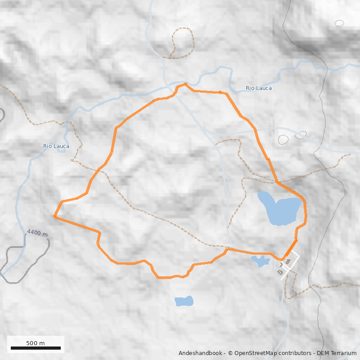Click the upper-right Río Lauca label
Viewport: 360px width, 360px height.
259,88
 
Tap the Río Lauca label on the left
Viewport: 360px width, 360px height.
56,146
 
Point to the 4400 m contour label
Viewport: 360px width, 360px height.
37,234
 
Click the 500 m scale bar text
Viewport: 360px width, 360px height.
36,343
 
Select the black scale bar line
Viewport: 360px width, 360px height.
36,348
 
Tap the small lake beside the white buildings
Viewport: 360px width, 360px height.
260,261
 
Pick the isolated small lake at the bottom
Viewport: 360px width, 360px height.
184,301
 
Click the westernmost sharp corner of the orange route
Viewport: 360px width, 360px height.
54,216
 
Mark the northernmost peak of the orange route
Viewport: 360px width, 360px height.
185,84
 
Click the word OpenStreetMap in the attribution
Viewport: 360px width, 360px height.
254,353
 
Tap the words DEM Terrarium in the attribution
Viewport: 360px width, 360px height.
337,353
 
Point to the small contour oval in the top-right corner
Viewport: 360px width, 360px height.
339,23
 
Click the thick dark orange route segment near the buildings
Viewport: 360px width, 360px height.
291,249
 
